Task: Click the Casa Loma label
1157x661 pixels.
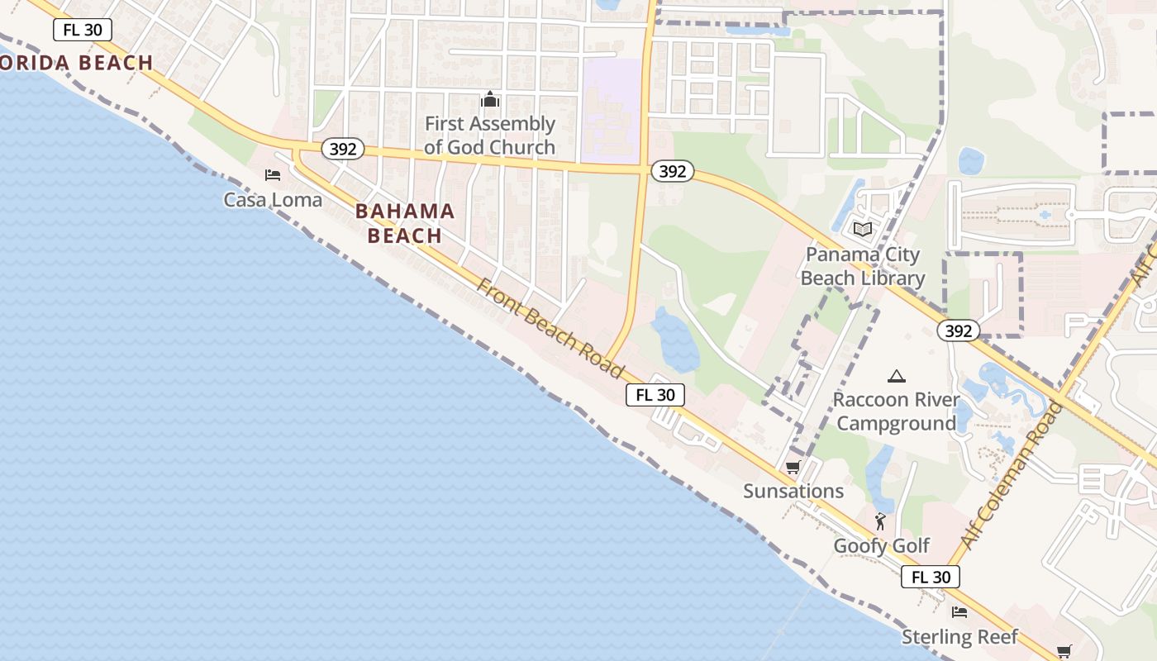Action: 273,200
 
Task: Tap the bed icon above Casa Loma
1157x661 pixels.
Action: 273,175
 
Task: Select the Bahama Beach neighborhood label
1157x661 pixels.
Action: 405,223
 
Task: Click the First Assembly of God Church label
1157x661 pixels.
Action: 490,136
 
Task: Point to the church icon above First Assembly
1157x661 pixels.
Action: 490,101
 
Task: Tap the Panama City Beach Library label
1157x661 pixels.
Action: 863,266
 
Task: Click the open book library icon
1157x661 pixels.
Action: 863,229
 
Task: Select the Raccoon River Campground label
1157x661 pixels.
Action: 896,411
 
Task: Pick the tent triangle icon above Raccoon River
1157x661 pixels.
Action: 896,377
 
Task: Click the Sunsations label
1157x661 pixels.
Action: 793,491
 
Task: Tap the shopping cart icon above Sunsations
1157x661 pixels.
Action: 793,468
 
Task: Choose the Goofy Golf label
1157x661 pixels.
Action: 882,545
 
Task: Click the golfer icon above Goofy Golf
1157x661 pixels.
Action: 880,521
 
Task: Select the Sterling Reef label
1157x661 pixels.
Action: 959,637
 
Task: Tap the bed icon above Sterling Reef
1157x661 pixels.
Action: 959,612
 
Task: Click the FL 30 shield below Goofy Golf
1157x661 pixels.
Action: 931,577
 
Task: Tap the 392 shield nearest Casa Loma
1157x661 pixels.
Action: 342,149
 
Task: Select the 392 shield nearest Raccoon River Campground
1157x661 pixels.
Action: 959,330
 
